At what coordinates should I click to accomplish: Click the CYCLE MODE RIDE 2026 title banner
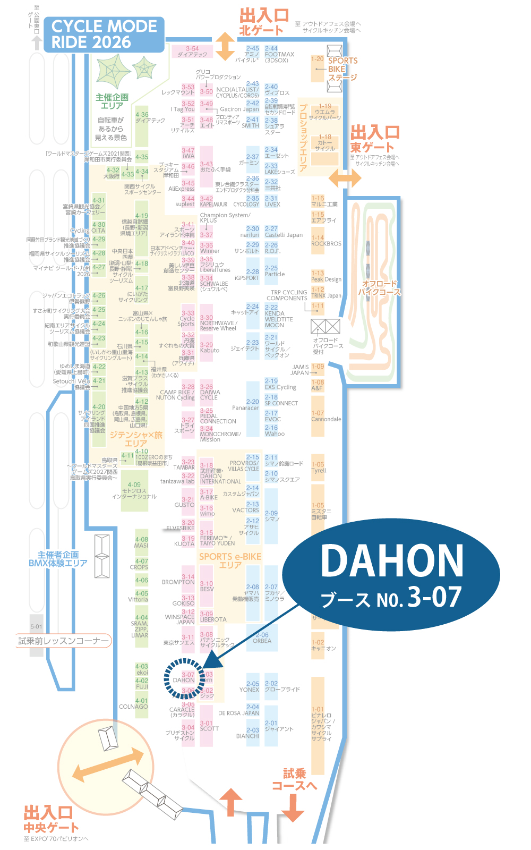pos(104,34)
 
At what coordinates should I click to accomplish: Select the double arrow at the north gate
pos(225,46)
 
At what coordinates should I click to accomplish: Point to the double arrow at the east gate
pos(345,178)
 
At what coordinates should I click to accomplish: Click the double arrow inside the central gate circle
pos(108,765)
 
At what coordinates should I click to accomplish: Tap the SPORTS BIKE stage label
pos(342,69)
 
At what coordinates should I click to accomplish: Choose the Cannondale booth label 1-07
pos(326,416)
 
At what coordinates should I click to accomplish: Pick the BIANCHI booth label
pos(247,735)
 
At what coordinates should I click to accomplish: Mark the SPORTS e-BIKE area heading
pos(230,560)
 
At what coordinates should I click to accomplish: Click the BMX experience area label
pos(58,559)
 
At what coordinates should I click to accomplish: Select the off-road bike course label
pos(379,287)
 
